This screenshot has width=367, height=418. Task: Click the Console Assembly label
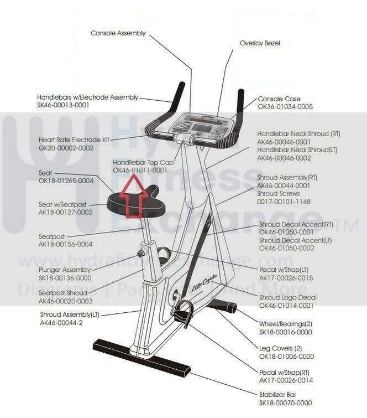tap(118, 33)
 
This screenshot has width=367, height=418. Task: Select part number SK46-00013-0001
tap(63, 105)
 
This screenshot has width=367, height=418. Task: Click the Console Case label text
tap(279, 99)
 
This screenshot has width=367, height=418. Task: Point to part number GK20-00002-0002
tap(66, 148)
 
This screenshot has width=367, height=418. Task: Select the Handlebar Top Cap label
tap(143, 163)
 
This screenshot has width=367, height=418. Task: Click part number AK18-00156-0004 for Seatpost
tap(65, 244)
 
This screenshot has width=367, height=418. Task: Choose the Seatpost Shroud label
tap(63, 293)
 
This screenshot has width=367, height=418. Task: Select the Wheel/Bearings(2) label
tap(286, 324)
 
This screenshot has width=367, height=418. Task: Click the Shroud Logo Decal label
tap(288, 297)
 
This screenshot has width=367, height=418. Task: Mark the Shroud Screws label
tap(279, 194)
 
